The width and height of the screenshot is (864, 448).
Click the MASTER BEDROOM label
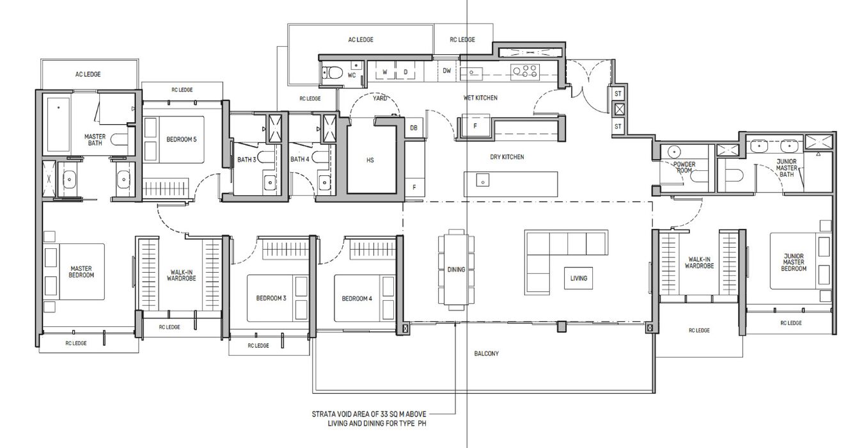point(81,271)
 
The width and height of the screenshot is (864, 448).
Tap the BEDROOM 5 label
point(181,140)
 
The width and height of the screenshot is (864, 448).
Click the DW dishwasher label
point(446,70)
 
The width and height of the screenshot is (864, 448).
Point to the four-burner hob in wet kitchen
point(524,72)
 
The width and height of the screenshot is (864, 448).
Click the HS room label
point(370,160)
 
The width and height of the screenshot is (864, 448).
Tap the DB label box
point(414,128)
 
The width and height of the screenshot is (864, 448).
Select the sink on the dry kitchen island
point(483,180)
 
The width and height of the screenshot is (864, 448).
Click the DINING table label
point(456,269)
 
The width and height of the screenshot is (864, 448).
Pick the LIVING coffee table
point(579,278)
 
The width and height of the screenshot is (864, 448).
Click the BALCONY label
point(487,353)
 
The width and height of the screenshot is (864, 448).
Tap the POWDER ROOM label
point(684,167)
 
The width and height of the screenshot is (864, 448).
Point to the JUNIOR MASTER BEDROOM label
point(794,262)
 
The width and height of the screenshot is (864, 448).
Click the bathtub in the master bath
point(59,124)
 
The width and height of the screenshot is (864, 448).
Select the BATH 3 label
point(246,159)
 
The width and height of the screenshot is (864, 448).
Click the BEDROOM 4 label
point(357,299)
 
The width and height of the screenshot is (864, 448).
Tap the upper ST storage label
point(618,94)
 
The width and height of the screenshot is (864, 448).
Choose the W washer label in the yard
point(385,72)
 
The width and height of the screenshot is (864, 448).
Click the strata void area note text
point(369,419)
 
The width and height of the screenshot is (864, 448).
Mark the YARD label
point(380,99)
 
